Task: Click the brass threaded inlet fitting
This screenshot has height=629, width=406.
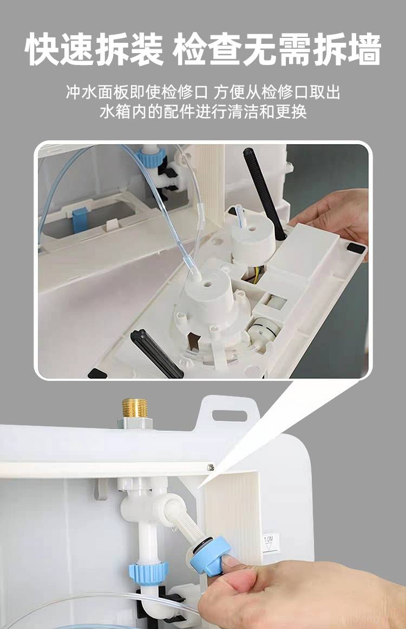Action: pyautogui.click(x=135, y=408)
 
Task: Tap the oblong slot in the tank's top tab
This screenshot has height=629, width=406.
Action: pyautogui.click(x=230, y=416)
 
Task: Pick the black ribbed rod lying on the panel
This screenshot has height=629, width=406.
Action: pyautogui.click(x=156, y=353)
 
